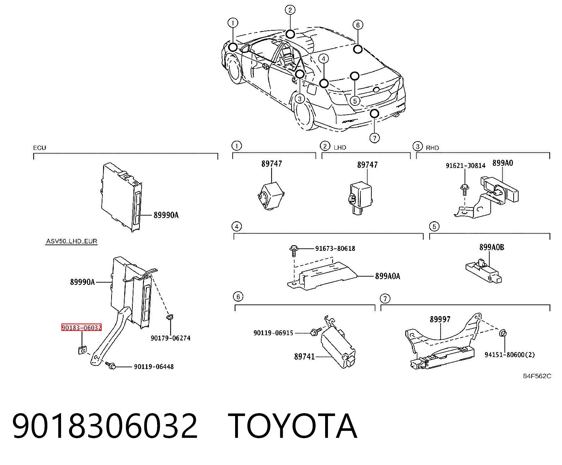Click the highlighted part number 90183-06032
point(81,327)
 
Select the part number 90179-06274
point(171,338)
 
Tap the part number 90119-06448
point(154,367)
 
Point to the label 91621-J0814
point(465,165)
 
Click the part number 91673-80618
point(335,248)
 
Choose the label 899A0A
point(388,276)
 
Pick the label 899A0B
point(491,247)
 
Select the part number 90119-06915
point(273,333)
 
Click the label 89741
point(304,357)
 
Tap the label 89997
point(440,319)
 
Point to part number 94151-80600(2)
point(509,355)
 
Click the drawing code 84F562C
point(537,376)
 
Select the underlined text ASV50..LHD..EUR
point(71,241)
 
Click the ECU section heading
point(40,148)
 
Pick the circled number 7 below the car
point(375,138)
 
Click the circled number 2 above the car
point(290,10)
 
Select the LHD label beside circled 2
point(340,147)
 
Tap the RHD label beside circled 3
point(432,148)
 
